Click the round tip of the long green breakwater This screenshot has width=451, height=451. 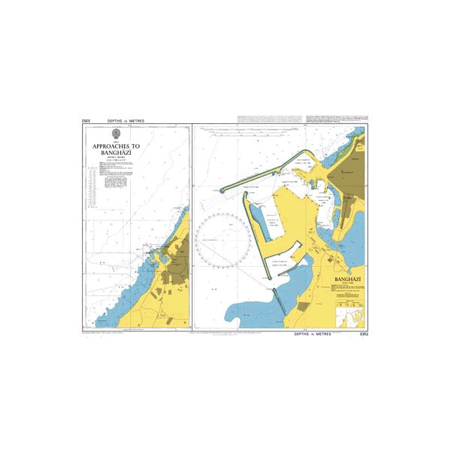click(x=223, y=190)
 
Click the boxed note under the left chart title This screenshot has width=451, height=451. click(x=118, y=180)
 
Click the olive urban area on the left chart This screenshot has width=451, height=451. click(x=178, y=259)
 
